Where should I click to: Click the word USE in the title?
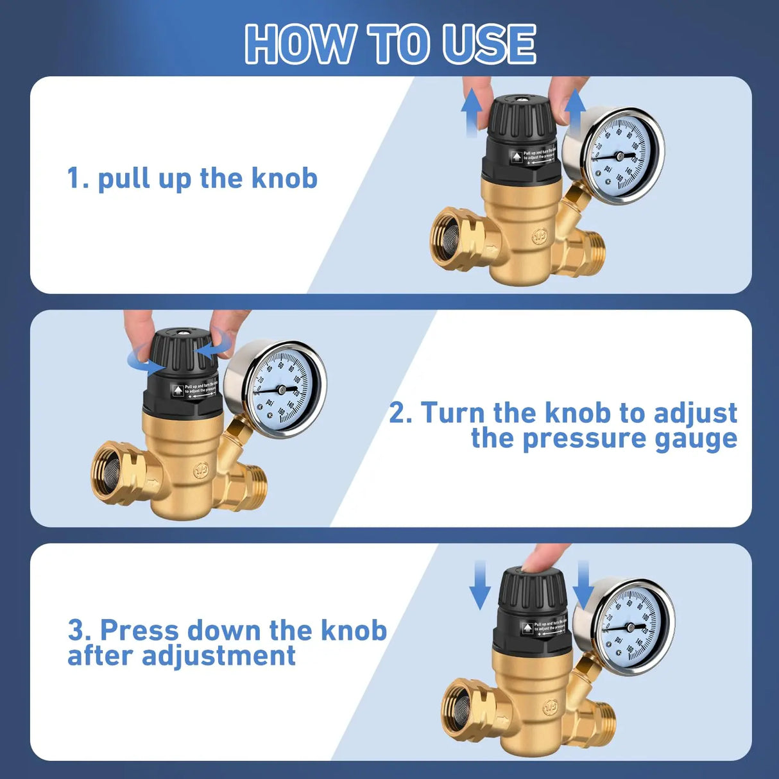click(488, 44)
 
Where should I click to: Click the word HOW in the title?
click(300, 44)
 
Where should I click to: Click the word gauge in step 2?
click(696, 439)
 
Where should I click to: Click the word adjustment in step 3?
click(218, 656)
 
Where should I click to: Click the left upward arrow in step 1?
click(472, 112)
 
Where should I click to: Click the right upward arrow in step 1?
click(575, 109)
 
